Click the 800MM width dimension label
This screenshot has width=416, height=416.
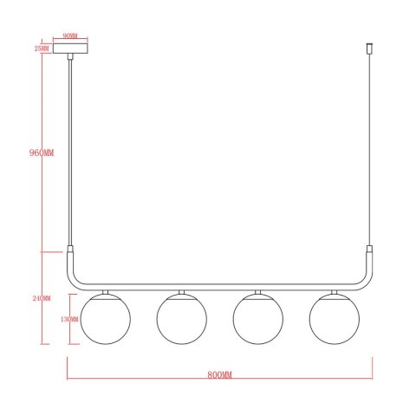point(221,374)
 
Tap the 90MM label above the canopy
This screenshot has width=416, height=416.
point(70,37)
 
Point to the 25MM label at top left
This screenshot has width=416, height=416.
point(41,49)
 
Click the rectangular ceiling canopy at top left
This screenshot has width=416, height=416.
point(70,49)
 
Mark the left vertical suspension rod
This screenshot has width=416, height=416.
point(70,147)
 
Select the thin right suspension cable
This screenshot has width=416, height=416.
point(369,147)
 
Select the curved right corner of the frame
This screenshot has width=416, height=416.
point(365,283)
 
